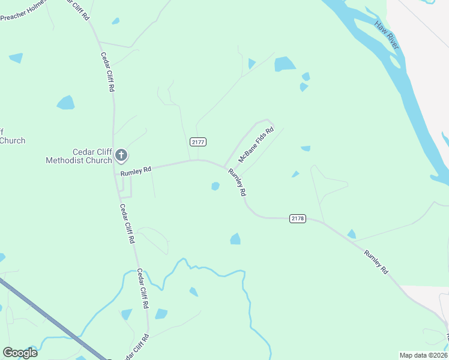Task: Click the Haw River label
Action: coord(387,35)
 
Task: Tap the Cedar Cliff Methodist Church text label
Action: coord(79,156)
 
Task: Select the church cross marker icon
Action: coord(121,156)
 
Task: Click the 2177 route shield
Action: coord(198,142)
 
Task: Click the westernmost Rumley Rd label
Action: coord(136,171)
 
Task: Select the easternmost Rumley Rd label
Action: coord(376,262)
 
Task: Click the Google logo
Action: coord(20,352)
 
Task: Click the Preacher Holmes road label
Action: coord(23,12)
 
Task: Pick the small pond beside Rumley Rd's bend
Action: coord(215,186)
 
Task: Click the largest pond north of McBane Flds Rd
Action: coord(285,64)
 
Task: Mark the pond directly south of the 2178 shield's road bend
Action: coord(235,239)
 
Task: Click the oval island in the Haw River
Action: coord(394,62)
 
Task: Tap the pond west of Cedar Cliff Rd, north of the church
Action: coord(65,103)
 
